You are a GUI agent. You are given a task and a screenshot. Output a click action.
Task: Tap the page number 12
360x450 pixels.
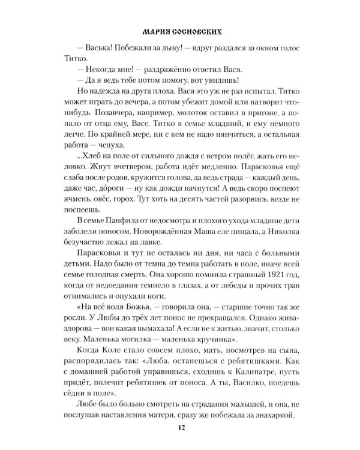[x=180, y=427]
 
